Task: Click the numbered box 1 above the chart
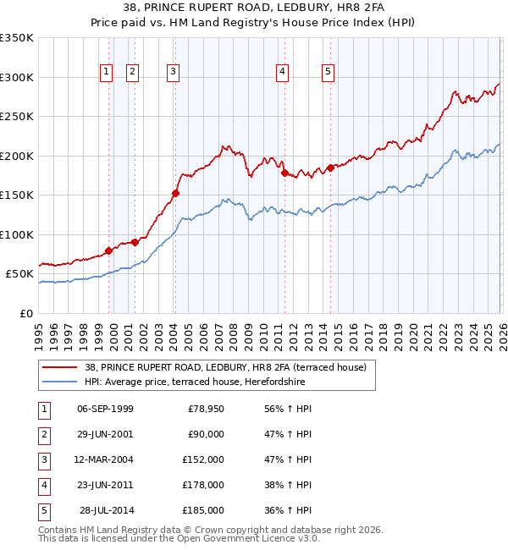point(107,73)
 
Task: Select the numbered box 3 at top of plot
point(173,73)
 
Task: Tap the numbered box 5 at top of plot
point(328,73)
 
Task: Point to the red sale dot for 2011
point(284,173)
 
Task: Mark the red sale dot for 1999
point(108,250)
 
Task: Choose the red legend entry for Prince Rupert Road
point(224,367)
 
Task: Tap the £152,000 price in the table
point(203,459)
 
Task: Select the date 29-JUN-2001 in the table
point(105,434)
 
